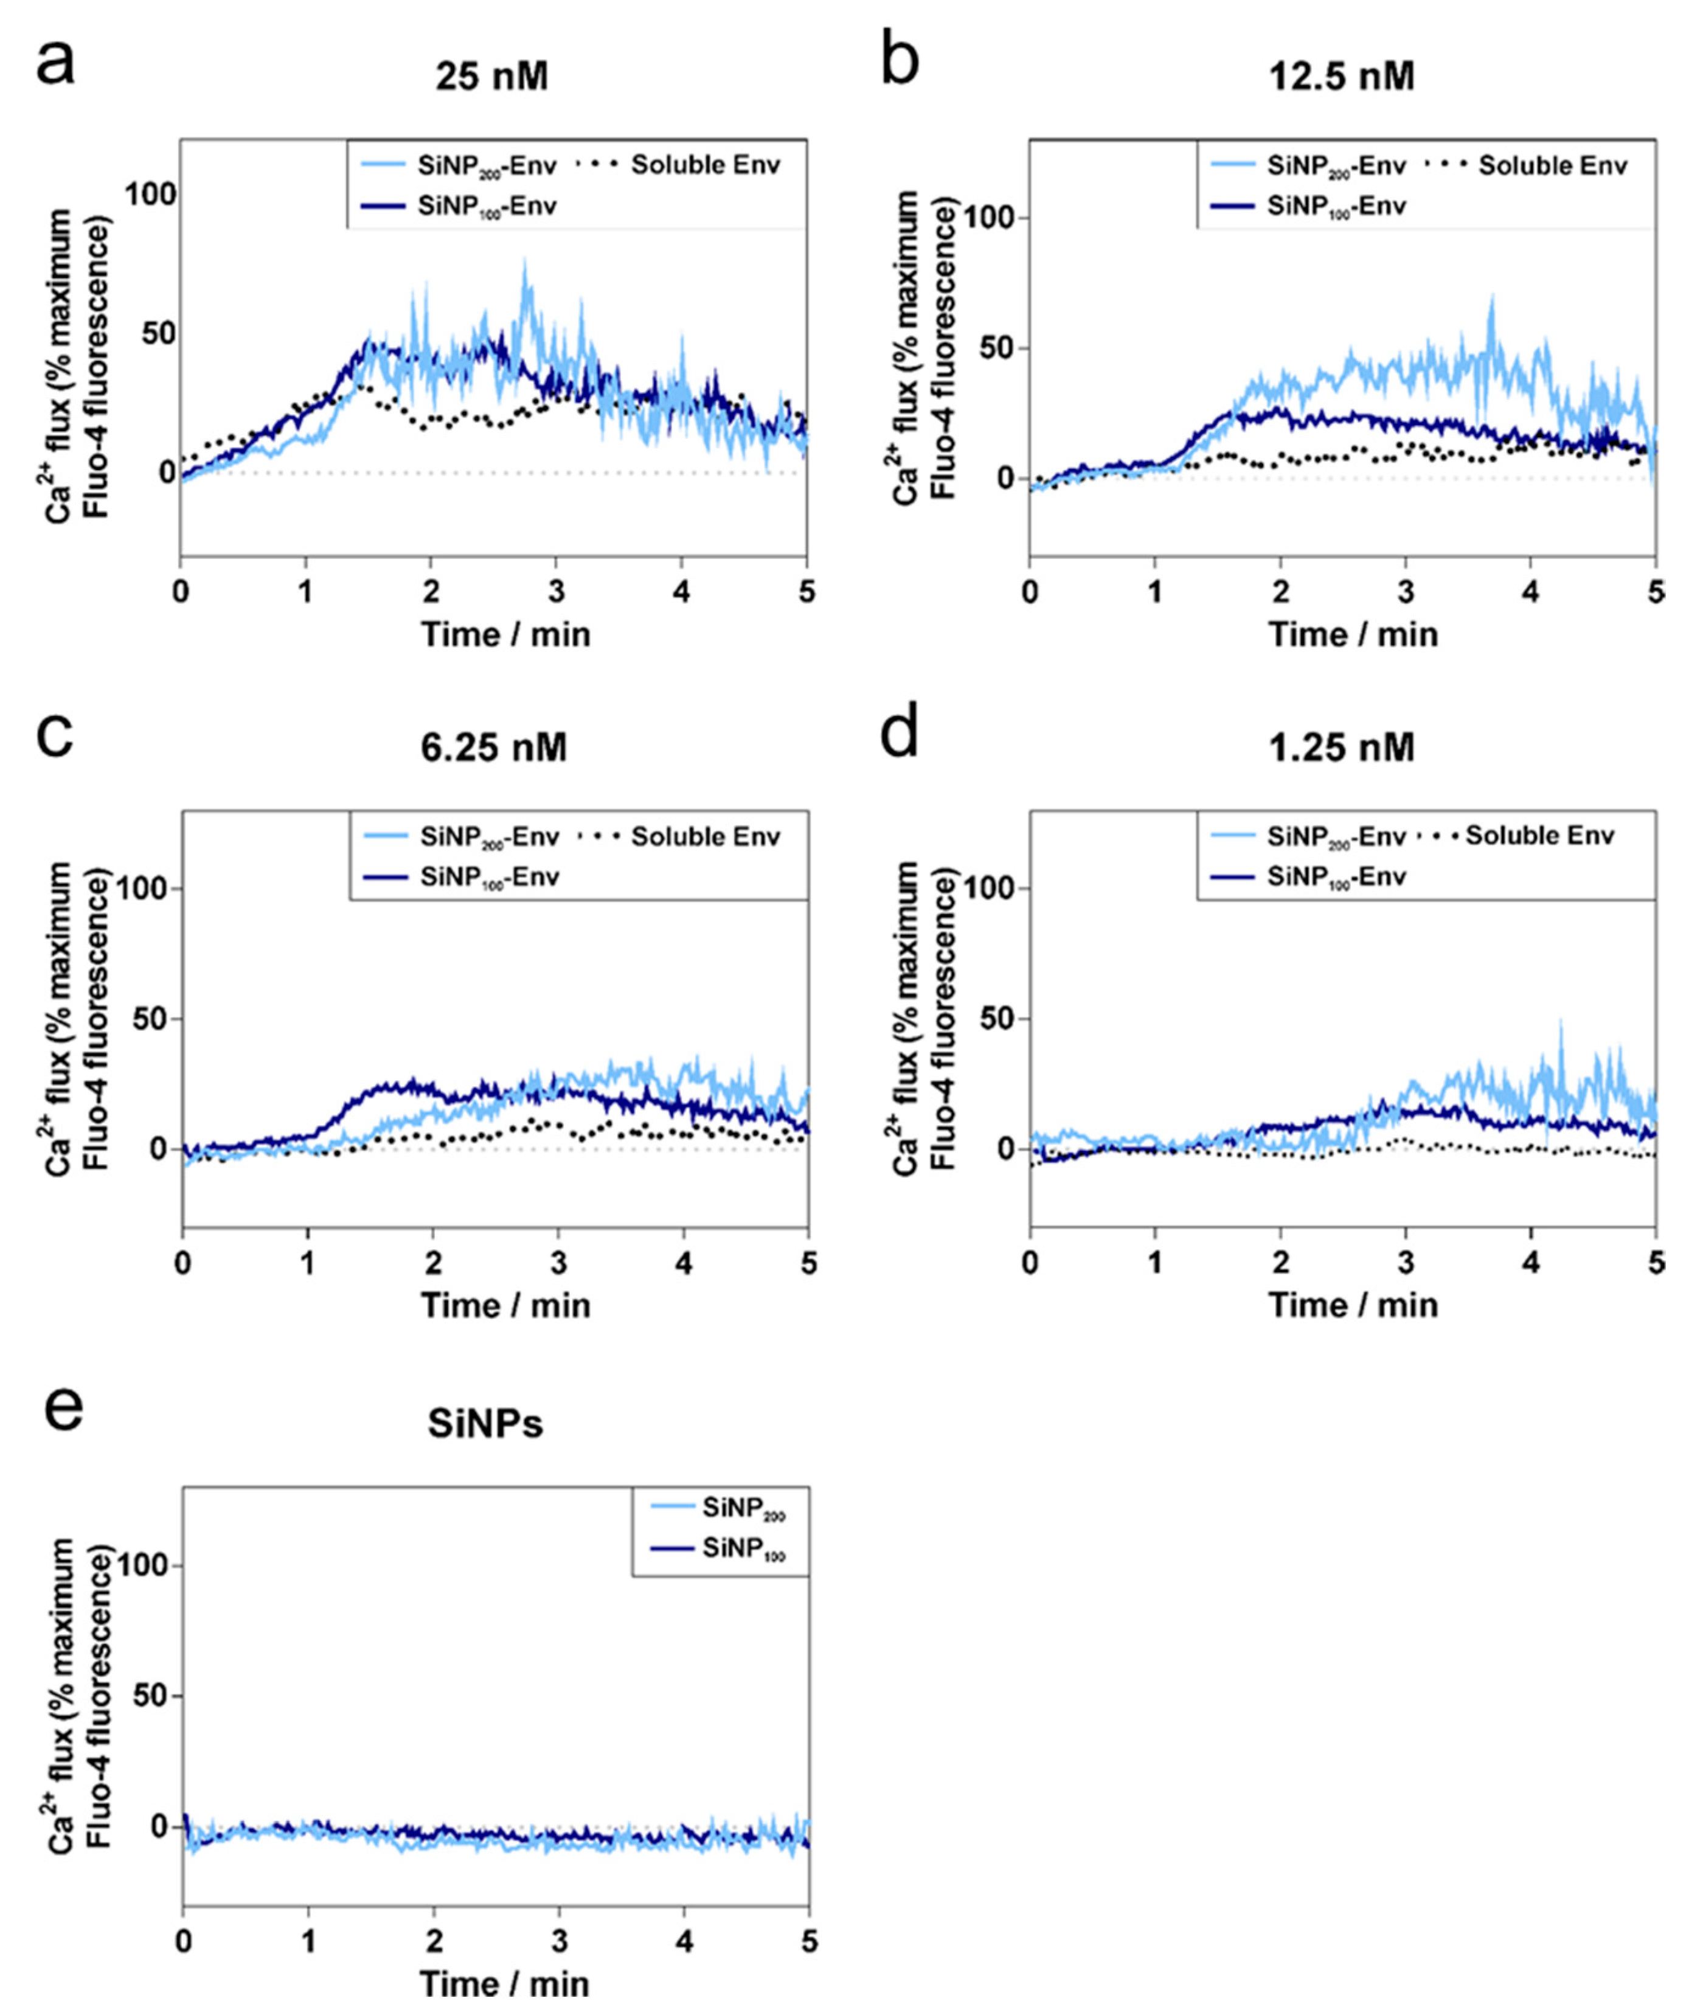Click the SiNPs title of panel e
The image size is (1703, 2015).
pos(485,1424)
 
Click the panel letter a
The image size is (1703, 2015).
pos(55,66)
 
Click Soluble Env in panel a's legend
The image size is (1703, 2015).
pos(705,165)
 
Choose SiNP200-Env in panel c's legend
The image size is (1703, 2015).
pos(488,836)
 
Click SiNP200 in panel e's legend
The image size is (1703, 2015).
pos(743,1508)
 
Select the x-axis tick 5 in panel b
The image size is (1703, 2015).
pos(1656,592)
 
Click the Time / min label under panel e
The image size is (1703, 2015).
pos(504,1983)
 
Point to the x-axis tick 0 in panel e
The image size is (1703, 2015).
pos(184,1941)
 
